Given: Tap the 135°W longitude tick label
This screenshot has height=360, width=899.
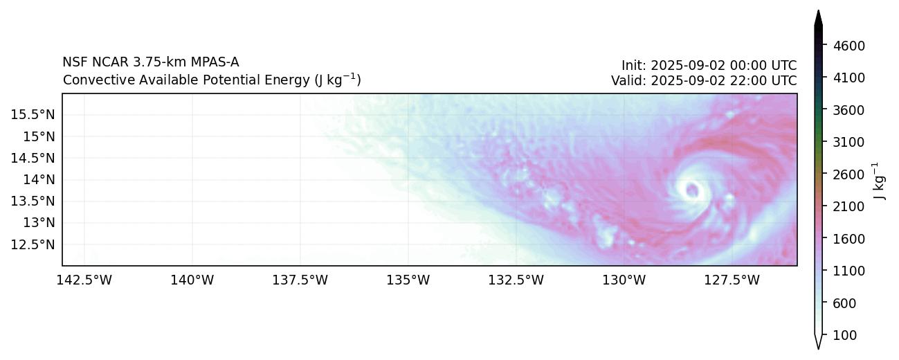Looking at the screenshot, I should click(408, 280).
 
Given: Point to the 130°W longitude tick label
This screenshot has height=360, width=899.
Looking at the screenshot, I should click(624, 280).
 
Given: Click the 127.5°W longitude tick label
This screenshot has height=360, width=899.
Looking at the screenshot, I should click(732, 280).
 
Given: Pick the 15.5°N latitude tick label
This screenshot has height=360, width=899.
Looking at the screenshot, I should click(33, 114).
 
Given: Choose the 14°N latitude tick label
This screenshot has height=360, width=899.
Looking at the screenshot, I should click(38, 179).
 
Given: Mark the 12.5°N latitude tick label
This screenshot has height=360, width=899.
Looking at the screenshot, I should click(33, 244).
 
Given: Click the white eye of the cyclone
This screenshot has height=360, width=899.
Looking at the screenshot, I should click(691, 189).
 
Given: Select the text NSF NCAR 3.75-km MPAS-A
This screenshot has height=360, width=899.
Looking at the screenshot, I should click(151, 62).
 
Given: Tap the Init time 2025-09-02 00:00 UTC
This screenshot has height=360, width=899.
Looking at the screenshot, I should click(709, 66).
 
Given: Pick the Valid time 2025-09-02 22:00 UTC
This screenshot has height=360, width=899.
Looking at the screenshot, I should click(703, 80).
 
